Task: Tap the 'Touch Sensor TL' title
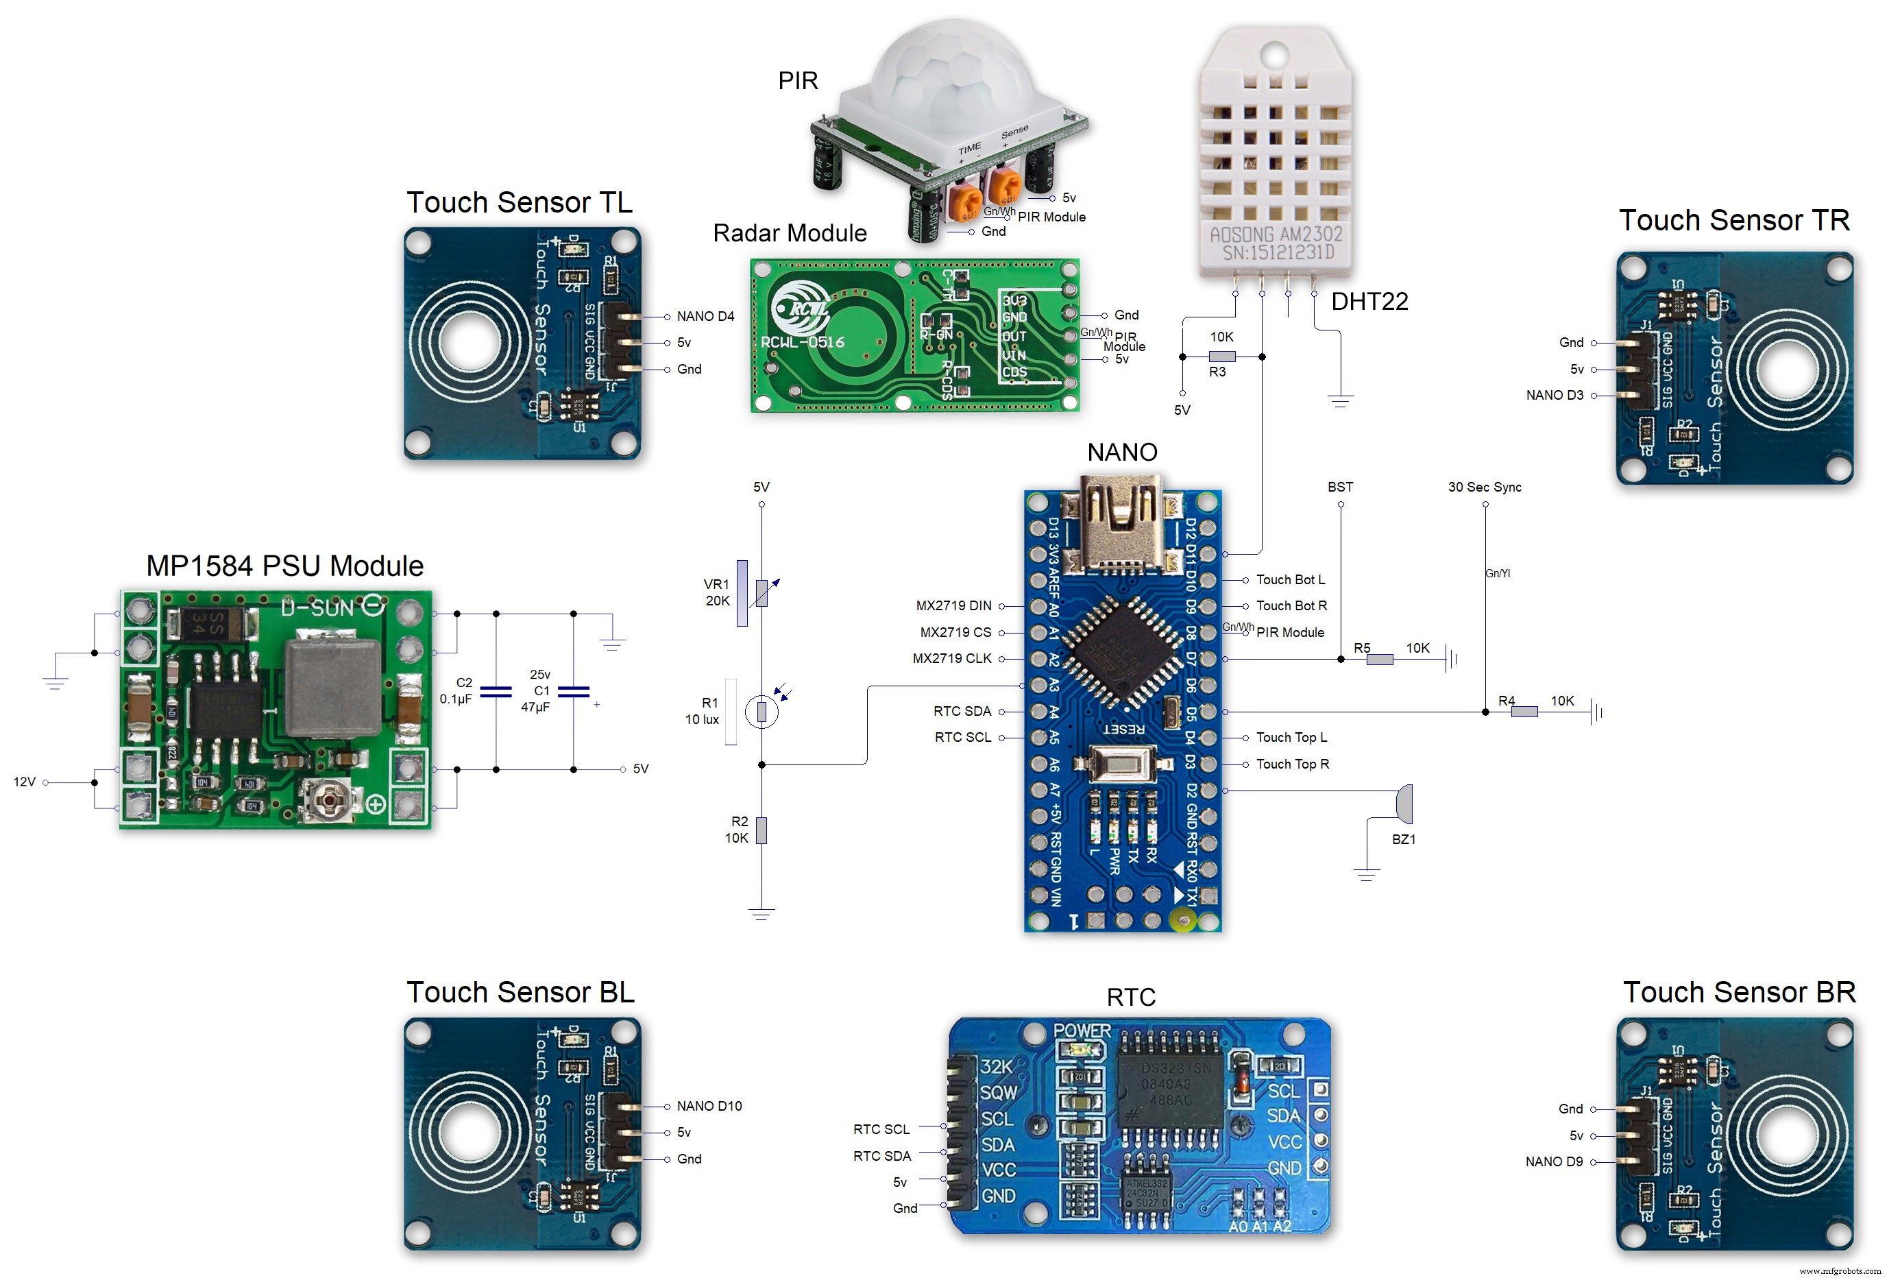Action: click(x=520, y=202)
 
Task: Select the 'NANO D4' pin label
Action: click(x=705, y=316)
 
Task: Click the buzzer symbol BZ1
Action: click(x=1404, y=804)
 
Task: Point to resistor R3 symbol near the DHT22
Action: click(x=1221, y=356)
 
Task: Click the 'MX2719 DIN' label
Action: click(x=953, y=605)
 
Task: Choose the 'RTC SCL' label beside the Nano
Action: click(x=962, y=737)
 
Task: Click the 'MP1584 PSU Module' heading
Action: click(x=284, y=566)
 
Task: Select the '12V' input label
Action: click(x=25, y=782)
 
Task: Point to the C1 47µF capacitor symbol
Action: click(x=574, y=691)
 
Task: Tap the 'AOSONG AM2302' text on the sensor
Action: click(x=1276, y=234)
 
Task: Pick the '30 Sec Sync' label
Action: click(x=1484, y=487)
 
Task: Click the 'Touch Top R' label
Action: click(x=1293, y=764)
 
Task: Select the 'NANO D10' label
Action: click(x=709, y=1107)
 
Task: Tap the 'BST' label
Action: click(x=1341, y=487)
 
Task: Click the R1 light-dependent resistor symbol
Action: click(x=761, y=712)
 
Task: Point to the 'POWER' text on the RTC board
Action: click(x=1082, y=1031)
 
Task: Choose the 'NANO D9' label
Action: click(x=1553, y=1161)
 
